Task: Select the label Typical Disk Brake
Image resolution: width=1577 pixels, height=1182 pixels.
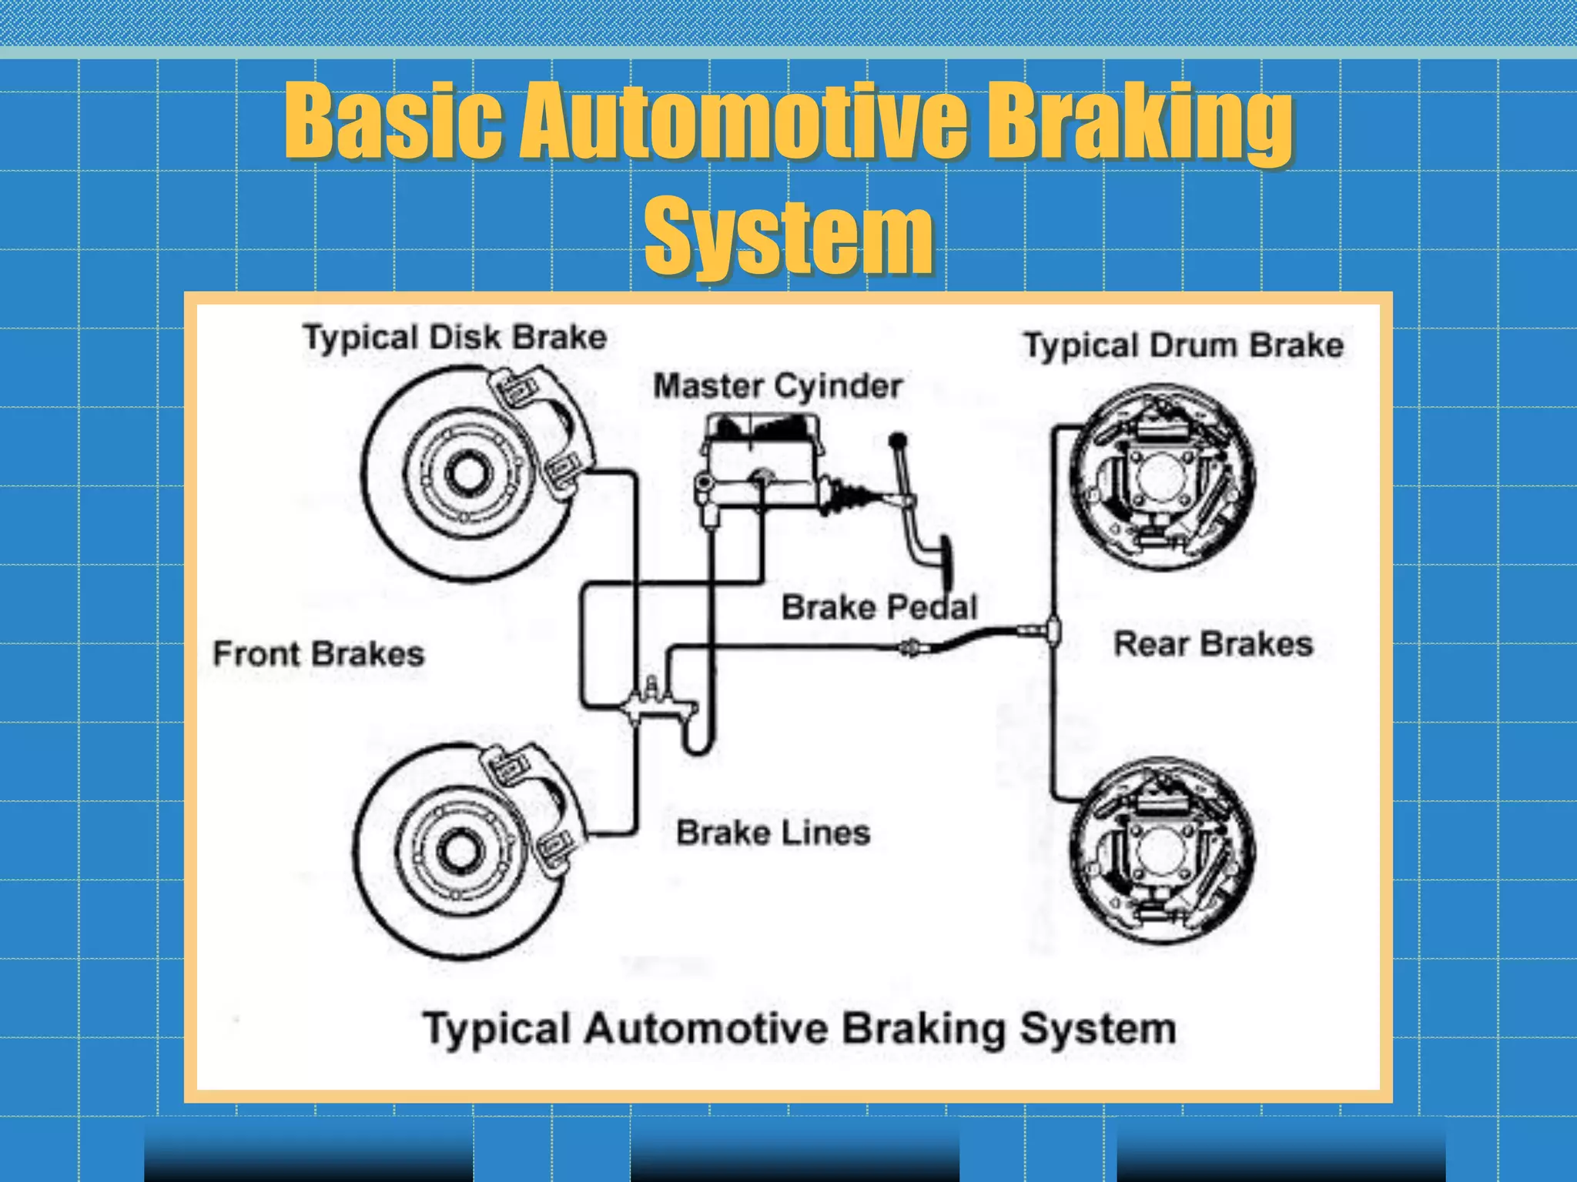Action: point(455,338)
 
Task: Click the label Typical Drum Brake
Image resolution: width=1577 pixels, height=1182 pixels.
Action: point(1184,346)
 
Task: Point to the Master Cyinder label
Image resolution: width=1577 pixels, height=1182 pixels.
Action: point(778,386)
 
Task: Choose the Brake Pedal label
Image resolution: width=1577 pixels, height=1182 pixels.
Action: point(879,607)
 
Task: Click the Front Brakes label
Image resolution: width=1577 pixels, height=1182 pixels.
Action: point(319,654)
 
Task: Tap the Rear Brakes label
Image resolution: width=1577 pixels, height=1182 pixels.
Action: point(1214,644)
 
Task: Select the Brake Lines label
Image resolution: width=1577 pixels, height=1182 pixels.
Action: point(773,833)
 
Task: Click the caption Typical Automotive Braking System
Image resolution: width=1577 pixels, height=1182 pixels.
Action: point(800,1029)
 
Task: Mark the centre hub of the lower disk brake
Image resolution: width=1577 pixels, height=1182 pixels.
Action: point(460,850)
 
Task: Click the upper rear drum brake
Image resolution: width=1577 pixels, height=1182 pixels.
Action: point(1162,477)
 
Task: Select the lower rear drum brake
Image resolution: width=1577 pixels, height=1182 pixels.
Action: point(1162,850)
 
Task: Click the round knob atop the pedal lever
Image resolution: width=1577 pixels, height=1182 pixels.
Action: point(898,441)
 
